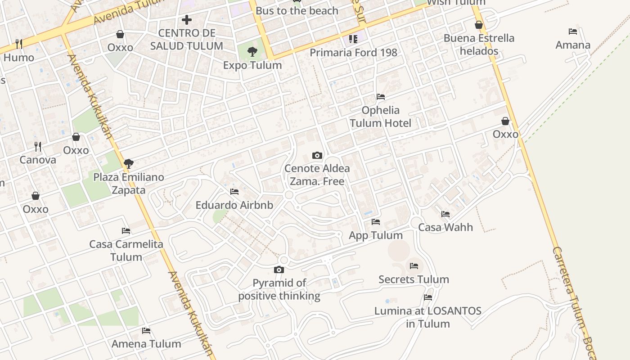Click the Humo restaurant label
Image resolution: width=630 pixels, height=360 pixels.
(19, 58)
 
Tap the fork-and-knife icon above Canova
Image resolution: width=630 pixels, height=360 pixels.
(38, 147)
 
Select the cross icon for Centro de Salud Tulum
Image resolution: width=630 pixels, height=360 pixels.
(187, 20)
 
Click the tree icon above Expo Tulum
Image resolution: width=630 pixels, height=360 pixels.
(252, 52)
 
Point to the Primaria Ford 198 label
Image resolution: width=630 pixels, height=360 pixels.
(353, 53)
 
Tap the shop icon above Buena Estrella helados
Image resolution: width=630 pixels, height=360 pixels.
(479, 25)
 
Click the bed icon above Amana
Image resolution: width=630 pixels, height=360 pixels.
(573, 31)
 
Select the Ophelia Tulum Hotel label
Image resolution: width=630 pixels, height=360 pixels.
(381, 117)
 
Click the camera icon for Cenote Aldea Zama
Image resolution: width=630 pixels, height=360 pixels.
(317, 156)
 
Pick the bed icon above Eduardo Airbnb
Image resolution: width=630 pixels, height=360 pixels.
(234, 192)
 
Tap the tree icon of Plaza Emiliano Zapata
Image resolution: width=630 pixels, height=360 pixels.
(129, 164)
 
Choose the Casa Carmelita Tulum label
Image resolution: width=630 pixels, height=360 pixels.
(126, 251)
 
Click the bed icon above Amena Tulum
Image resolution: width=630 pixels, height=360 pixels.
(146, 331)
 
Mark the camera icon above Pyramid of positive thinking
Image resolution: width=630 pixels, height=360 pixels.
(279, 270)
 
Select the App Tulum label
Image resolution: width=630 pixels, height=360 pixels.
(376, 235)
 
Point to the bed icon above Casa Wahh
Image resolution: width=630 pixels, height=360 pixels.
(445, 214)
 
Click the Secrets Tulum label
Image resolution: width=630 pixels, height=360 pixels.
(414, 279)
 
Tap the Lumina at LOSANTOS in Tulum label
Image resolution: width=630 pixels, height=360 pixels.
(428, 317)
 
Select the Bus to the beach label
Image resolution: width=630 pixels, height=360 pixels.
(297, 11)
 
